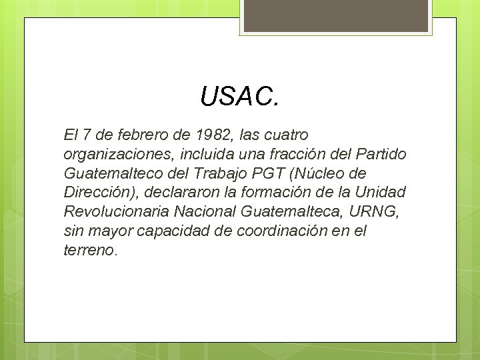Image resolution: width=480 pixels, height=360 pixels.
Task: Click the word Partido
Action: tap(381, 155)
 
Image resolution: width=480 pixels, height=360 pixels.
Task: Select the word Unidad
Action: tap(381, 193)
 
